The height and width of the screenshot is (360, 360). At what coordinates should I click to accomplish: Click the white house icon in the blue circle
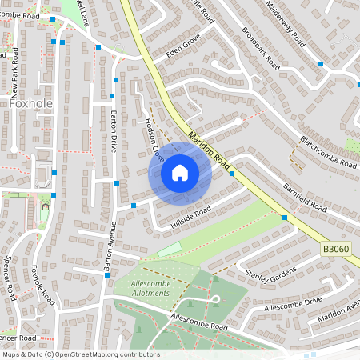(x=179, y=173)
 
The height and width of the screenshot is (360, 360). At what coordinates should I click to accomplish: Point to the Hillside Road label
(x=190, y=218)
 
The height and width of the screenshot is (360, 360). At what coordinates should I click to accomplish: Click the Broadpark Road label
(x=258, y=46)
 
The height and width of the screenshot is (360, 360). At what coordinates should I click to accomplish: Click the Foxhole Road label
(x=42, y=285)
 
